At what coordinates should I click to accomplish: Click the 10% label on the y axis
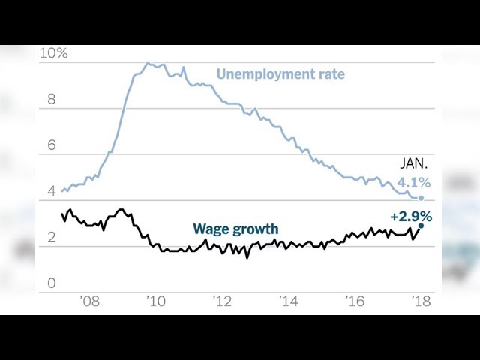pos(54,54)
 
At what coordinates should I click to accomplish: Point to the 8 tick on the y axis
pos(52,99)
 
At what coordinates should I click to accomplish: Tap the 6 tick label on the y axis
pos(52,145)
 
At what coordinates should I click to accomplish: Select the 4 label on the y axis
pos(52,191)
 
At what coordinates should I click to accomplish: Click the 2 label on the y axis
pos(52,238)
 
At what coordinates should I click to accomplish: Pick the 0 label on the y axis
pos(52,283)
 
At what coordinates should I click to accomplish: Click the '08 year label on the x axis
pos(90,301)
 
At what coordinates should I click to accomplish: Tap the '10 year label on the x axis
pos(157,301)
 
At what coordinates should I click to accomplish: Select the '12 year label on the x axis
pos(223,301)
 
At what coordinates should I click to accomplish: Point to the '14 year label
pos(289,301)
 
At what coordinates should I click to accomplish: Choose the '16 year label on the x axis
pos(355,301)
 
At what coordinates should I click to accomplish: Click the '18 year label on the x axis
pos(419,301)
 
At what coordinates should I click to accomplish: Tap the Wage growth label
pos(235,229)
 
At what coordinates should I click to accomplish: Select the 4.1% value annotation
pos(413,181)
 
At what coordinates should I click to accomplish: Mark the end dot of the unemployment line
pos(421,198)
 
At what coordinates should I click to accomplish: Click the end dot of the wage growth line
pos(421,225)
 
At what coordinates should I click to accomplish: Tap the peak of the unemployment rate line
pos(148,63)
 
